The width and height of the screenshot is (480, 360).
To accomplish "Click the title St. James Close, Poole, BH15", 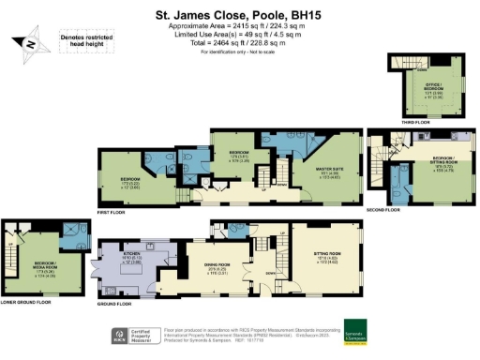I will point(240,16).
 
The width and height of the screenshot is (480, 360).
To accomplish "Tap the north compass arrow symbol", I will point(29,43).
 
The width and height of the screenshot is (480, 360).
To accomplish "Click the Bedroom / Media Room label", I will point(37,251).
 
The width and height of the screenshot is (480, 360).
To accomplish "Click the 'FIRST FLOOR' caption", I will point(113,210).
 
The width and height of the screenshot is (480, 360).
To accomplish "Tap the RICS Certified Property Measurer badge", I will point(135,334).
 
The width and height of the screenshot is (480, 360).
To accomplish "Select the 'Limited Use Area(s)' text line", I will point(240,35).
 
